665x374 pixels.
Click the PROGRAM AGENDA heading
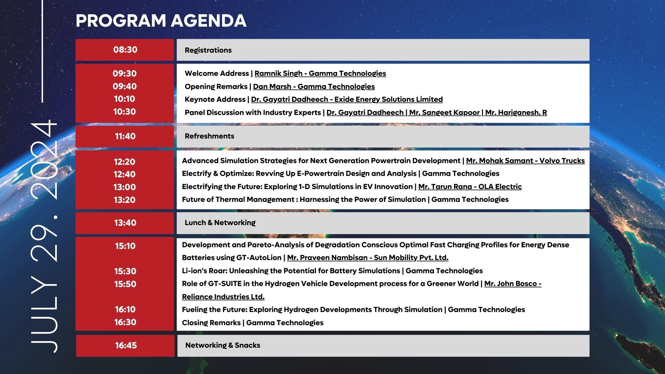tap(161, 21)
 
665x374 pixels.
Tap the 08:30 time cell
tap(125, 50)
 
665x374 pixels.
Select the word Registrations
tap(208, 50)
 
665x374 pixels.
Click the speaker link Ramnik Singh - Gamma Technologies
tap(320, 73)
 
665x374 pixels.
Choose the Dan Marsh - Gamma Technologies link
tap(313, 87)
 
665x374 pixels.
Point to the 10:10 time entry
tap(125, 99)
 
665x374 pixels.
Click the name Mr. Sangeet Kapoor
tap(444, 113)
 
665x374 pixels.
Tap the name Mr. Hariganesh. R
tap(516, 113)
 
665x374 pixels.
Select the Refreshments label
tap(209, 136)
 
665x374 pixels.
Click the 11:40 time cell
tap(125, 136)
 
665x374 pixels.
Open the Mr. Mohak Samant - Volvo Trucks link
tap(525, 161)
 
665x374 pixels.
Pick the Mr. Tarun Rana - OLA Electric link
tap(470, 187)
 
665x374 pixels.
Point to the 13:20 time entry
tap(125, 200)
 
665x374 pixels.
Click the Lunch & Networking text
tap(220, 223)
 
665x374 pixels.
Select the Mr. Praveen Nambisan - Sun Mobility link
tap(367, 258)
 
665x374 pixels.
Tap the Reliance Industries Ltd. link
tap(223, 297)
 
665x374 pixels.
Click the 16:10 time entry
tap(125, 310)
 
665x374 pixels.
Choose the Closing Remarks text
tap(211, 323)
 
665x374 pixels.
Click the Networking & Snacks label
tap(222, 345)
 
